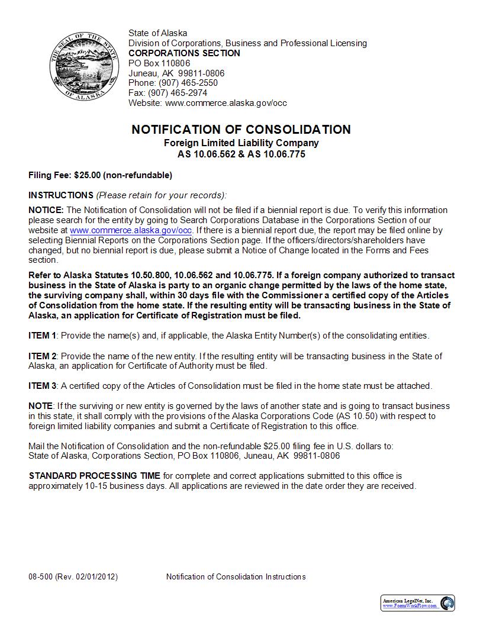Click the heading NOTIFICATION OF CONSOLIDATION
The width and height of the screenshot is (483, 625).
tap(241, 130)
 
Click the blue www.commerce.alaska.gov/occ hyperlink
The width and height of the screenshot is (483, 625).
tap(131, 230)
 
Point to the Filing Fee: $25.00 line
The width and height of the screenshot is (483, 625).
tap(100, 175)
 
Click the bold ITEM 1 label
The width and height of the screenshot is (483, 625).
tap(43, 336)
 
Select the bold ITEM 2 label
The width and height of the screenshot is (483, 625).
tap(43, 356)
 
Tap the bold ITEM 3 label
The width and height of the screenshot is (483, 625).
tap(43, 386)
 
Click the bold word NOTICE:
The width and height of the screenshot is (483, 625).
tap(46, 210)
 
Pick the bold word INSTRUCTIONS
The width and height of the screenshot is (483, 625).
tap(61, 195)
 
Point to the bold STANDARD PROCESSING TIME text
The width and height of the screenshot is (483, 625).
tap(94, 475)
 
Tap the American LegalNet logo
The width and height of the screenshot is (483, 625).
tap(418, 603)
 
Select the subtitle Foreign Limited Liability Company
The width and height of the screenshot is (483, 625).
tap(241, 143)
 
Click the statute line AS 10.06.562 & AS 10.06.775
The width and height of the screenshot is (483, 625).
tap(241, 154)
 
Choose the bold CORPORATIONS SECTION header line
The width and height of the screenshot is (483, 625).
tap(184, 53)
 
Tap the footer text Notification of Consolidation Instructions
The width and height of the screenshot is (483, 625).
tap(236, 576)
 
